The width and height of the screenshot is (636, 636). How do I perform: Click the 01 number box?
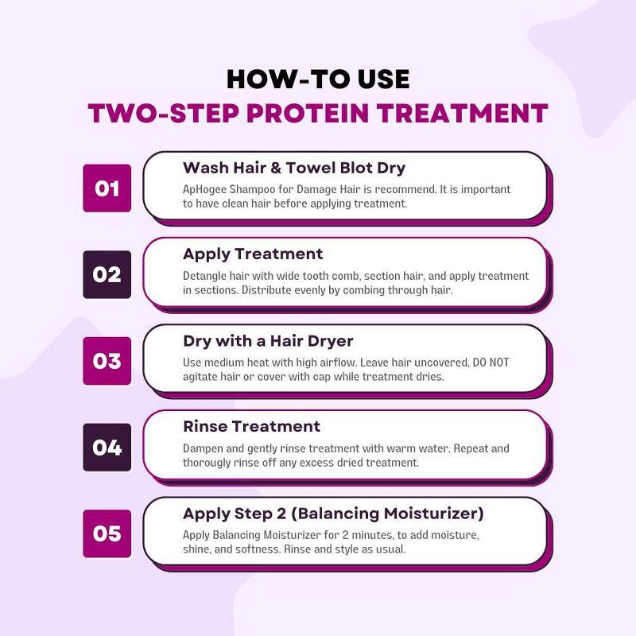click(107, 188)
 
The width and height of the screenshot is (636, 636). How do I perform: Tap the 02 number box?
click(107, 274)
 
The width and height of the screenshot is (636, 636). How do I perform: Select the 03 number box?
click(107, 361)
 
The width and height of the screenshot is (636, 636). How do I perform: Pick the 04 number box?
click(107, 447)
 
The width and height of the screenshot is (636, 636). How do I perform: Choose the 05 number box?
click(107, 533)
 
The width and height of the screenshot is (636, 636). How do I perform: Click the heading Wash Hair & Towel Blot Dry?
click(294, 168)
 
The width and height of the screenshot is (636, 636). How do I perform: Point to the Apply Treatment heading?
click(253, 254)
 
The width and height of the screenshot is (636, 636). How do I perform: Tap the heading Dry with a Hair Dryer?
click(268, 341)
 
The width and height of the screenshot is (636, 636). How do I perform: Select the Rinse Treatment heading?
click(251, 426)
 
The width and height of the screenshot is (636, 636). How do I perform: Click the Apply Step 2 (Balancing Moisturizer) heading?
click(333, 513)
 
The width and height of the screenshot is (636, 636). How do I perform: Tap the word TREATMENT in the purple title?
click(468, 113)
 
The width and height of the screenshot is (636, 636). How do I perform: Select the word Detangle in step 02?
click(206, 276)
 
